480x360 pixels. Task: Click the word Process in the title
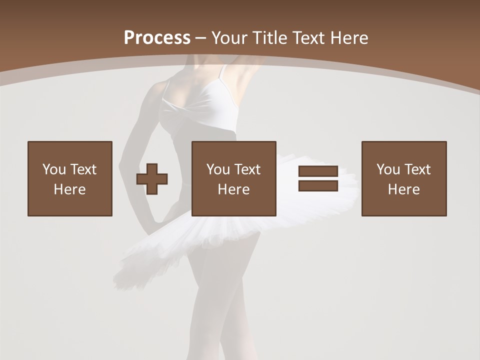(x=157, y=37)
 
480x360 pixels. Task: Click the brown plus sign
(x=152, y=179)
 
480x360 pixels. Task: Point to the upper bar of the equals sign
(x=318, y=171)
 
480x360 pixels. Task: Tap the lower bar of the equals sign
(x=318, y=185)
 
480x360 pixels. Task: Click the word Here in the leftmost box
(x=70, y=189)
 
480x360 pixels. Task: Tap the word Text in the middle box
(x=247, y=169)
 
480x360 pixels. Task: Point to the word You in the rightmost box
(x=388, y=169)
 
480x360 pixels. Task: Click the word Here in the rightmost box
(x=404, y=189)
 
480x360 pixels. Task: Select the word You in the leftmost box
(x=54, y=169)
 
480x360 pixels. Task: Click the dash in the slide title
(x=201, y=38)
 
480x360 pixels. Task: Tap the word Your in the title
(x=228, y=37)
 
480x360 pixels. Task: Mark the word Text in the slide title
(x=307, y=37)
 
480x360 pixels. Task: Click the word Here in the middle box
(x=234, y=189)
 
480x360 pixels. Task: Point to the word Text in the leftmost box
(x=83, y=169)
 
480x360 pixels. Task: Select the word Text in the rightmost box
(x=417, y=169)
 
